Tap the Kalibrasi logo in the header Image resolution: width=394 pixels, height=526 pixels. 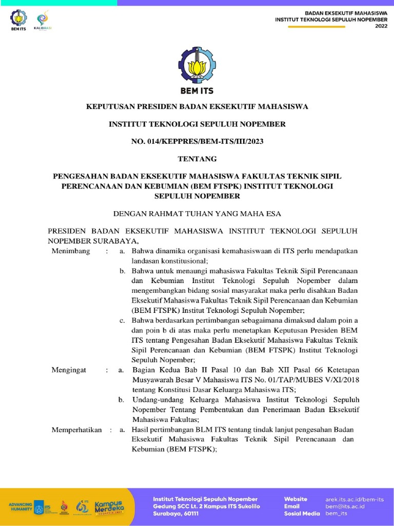(43, 20)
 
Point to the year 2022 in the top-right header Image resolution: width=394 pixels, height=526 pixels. (382, 25)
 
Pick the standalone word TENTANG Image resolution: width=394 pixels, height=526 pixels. (197, 158)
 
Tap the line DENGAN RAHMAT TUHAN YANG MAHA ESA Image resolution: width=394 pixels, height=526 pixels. (197, 212)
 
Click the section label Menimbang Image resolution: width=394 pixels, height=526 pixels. (71, 251)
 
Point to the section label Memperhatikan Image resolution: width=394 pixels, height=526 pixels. (76, 429)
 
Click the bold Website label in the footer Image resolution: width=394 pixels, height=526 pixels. (295, 499)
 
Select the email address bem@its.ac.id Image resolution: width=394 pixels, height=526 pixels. (345, 506)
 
